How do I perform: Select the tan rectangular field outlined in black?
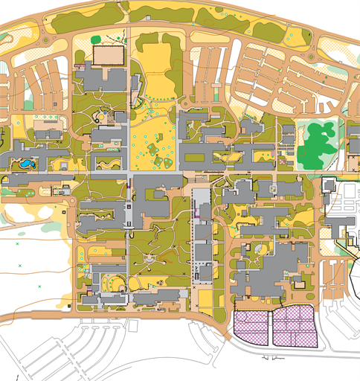[x=110, y=54]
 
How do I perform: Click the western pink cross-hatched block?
[x=251, y=328]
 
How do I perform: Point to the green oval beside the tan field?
[x=95, y=39]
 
